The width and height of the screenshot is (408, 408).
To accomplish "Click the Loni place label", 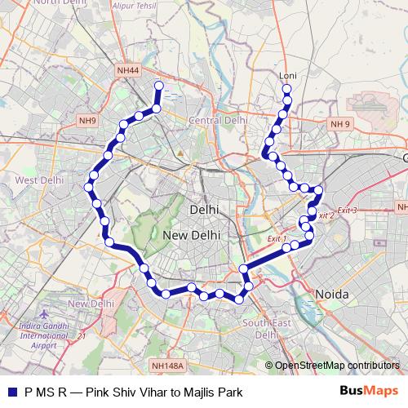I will (x=287, y=76).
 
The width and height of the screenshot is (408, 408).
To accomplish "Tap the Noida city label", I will (x=331, y=294).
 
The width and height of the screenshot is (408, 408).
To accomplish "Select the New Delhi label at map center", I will (x=188, y=235).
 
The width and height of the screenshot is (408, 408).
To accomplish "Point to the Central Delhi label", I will (x=217, y=120).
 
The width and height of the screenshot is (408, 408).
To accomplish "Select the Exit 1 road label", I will (x=278, y=238).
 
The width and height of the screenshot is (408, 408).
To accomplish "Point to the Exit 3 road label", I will (x=347, y=211).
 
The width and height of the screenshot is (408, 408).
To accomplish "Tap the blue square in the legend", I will (x=10, y=391).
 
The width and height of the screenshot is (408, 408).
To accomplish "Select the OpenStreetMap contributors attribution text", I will (x=337, y=366).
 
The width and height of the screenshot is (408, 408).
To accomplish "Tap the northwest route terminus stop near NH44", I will (x=158, y=85).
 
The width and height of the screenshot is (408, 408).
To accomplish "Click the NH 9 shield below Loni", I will (x=340, y=124).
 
